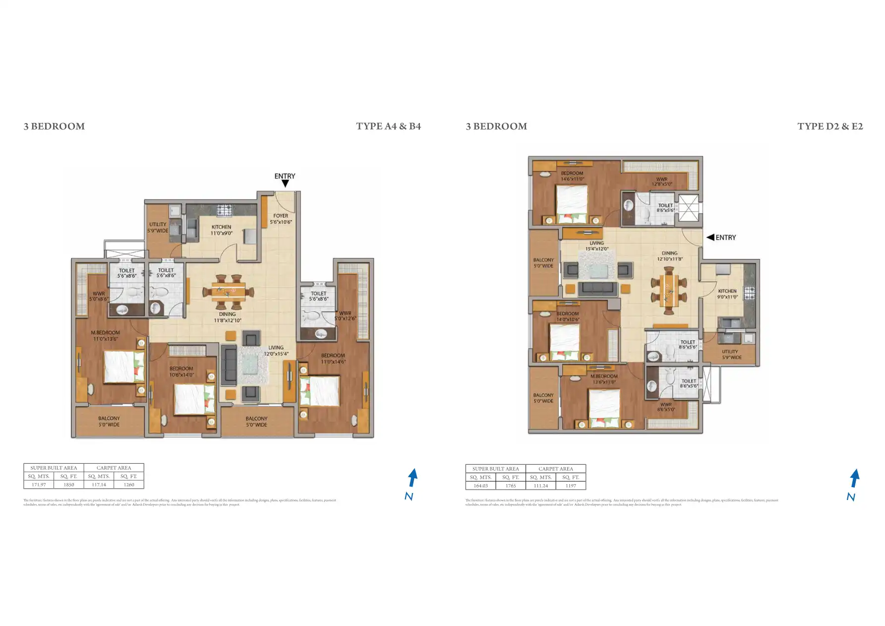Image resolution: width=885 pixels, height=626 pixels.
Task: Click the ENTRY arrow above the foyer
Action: click(x=285, y=184)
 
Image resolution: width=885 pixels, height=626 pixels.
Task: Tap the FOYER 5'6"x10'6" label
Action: click(x=281, y=219)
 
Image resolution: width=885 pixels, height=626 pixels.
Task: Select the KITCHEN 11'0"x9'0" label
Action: click(x=221, y=230)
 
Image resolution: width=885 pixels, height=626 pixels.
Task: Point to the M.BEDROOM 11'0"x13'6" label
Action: click(x=105, y=336)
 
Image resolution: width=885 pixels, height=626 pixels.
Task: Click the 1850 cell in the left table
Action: click(x=68, y=485)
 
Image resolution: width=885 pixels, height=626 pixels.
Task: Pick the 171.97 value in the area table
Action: click(x=39, y=485)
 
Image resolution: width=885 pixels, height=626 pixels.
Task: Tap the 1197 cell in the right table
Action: click(x=571, y=486)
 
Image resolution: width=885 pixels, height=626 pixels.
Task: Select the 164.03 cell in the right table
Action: click(x=480, y=486)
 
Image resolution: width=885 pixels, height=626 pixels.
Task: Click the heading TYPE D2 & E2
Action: click(x=830, y=126)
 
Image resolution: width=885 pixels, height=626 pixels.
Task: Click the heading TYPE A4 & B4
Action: click(x=388, y=126)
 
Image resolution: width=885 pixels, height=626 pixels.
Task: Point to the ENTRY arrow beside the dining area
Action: click(x=710, y=238)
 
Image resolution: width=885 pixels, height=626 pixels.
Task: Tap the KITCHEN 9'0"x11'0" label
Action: click(x=727, y=294)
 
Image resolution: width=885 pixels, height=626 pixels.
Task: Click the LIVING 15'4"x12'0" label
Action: click(x=596, y=246)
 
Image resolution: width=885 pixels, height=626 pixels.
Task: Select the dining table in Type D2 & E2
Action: click(x=669, y=291)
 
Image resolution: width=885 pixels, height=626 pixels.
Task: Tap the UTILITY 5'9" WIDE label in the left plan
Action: click(x=158, y=228)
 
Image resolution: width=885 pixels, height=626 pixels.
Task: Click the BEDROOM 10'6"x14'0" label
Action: click(x=181, y=372)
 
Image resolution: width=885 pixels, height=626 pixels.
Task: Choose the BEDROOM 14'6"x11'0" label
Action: click(x=572, y=176)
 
